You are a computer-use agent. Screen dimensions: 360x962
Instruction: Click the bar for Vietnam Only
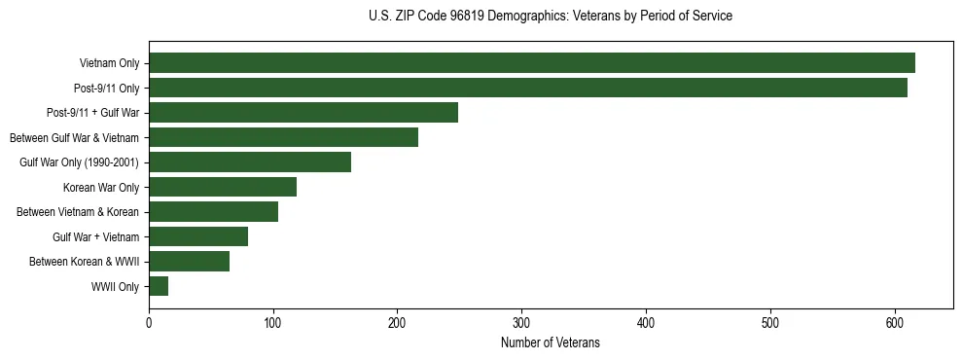tap(531, 63)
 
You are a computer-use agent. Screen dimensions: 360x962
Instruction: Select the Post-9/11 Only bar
tap(528, 88)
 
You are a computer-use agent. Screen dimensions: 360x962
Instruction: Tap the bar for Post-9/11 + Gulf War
tap(303, 113)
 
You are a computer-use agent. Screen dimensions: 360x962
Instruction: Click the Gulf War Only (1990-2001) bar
tap(250, 162)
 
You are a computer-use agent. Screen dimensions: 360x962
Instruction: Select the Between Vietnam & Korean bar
tap(213, 212)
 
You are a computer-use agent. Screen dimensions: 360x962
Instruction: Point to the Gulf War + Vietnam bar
tap(198, 236)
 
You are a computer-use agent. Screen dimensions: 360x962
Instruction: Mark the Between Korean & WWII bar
tap(189, 261)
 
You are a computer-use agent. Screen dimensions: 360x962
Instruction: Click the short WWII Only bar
tap(159, 286)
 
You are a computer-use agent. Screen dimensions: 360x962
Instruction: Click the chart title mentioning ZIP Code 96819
tap(551, 17)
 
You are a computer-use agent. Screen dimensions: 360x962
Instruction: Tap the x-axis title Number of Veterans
tap(551, 343)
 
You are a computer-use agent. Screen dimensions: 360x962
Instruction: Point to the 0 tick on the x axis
tap(149, 324)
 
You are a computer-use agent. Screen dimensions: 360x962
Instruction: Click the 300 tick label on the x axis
tap(521, 324)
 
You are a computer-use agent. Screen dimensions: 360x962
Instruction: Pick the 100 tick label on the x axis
tap(273, 324)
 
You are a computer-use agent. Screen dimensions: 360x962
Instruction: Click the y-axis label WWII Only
tap(115, 287)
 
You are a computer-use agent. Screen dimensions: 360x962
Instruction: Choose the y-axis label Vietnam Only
tap(109, 64)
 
